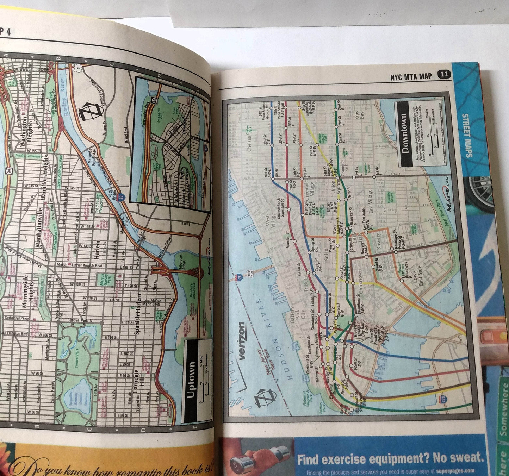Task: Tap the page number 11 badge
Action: point(444,75)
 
